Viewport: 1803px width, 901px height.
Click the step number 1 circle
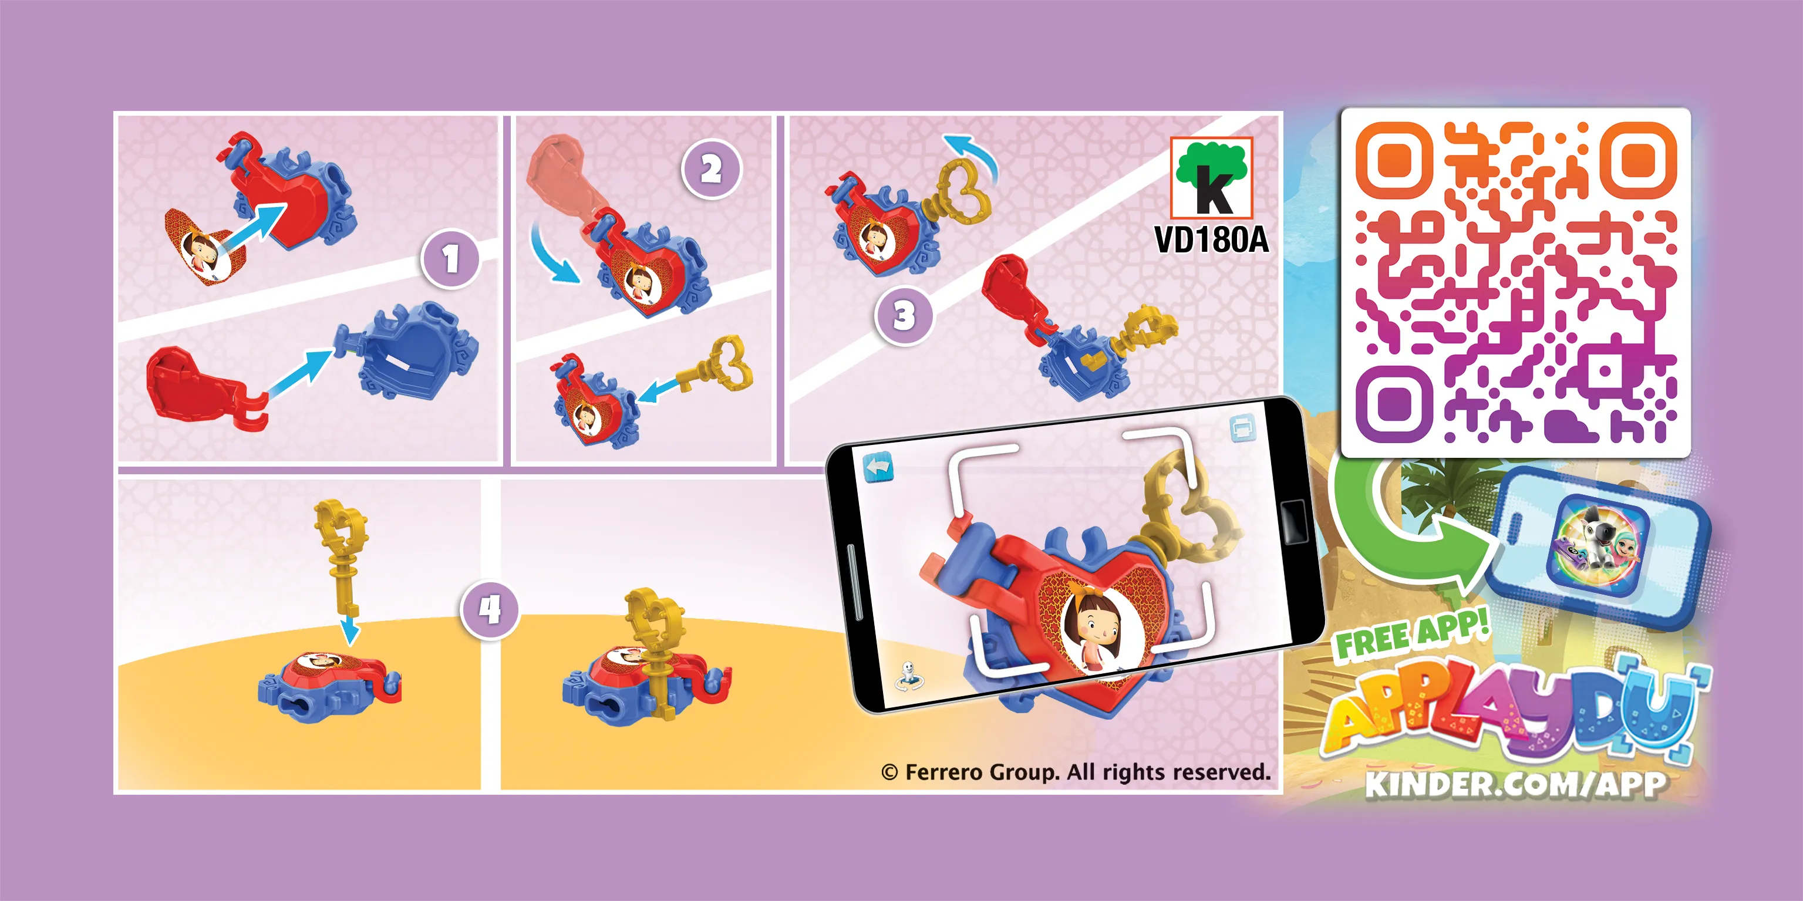(x=451, y=259)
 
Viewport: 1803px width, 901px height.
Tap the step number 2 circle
(x=711, y=169)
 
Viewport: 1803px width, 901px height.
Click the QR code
(x=1515, y=282)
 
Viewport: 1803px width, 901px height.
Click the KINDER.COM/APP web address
(x=1515, y=784)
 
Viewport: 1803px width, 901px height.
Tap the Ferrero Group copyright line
(x=1076, y=772)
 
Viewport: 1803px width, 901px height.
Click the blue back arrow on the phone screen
(x=878, y=467)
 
